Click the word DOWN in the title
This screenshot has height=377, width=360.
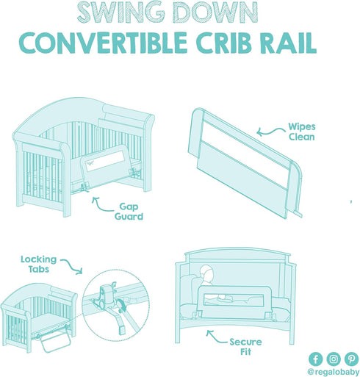pos(216,12)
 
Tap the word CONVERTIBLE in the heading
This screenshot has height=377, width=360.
pos(103,43)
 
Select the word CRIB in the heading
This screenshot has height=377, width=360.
pos(223,43)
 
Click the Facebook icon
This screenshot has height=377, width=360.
pos(316,359)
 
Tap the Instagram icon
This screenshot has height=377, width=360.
pos(334,359)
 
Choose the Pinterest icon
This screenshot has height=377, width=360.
pos(351,359)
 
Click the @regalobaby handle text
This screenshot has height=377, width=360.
pos(334,372)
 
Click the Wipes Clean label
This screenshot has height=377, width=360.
pos(302,132)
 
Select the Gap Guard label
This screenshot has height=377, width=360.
pos(129,212)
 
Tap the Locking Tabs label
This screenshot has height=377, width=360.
pos(38,264)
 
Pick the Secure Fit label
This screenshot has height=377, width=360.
pos(245,347)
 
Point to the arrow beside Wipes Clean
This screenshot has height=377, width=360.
pos(270,132)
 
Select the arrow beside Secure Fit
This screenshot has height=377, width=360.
pos(217,338)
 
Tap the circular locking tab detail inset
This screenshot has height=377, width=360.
pos(115,306)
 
